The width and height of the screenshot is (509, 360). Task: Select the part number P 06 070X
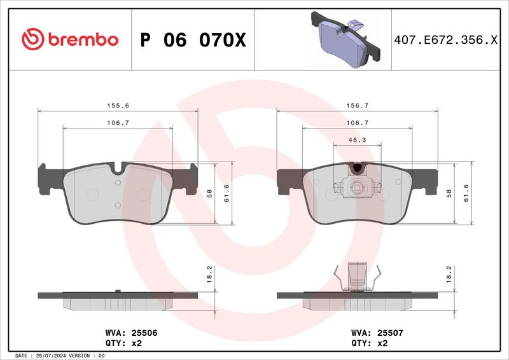(192, 40)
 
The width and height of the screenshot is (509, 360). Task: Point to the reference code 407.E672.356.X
(445, 40)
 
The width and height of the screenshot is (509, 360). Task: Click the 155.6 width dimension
(118, 106)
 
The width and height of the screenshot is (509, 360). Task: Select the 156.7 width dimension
(357, 106)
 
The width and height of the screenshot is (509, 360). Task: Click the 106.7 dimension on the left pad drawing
(118, 123)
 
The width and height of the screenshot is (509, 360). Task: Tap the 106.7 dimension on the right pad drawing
(357, 123)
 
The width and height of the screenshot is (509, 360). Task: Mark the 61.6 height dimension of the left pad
(227, 193)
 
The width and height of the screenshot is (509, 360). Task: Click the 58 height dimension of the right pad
(449, 193)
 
